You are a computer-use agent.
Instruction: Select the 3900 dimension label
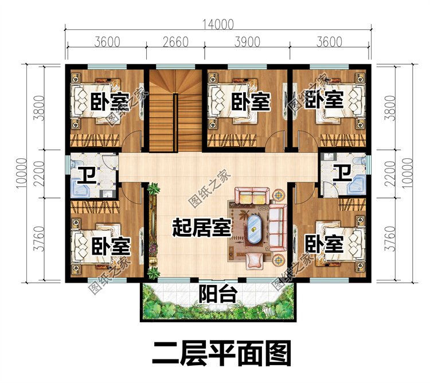pyautogui.click(x=247, y=43)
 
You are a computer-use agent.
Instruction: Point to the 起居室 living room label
pyautogui.click(x=202, y=228)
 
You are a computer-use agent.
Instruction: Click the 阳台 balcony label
pyautogui.click(x=218, y=295)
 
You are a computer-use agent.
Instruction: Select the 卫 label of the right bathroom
pyautogui.click(x=343, y=172)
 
